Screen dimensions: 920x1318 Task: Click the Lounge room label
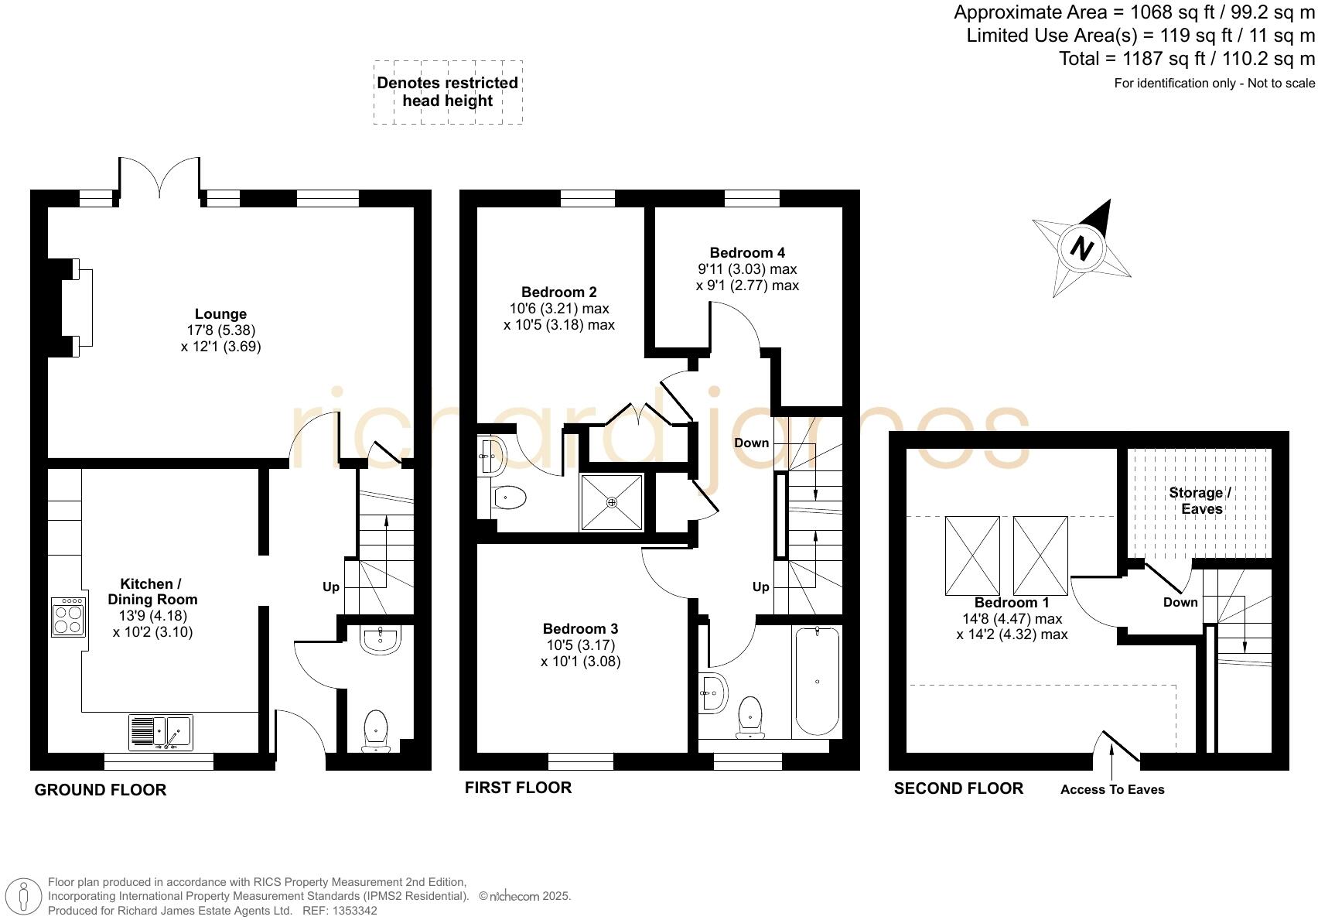(220, 314)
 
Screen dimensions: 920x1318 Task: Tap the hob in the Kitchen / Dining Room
(68, 617)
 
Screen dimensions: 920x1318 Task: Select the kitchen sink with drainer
(160, 731)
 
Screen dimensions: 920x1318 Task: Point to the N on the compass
(1083, 248)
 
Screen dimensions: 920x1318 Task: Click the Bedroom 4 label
(747, 253)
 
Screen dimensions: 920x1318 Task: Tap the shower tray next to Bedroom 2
(612, 503)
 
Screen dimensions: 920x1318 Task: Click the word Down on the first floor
(751, 443)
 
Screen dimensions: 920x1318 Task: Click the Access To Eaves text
(1112, 789)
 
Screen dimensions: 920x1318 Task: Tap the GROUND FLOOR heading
(101, 790)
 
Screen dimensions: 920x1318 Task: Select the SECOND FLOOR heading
(958, 788)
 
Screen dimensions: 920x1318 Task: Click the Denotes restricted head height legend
(448, 92)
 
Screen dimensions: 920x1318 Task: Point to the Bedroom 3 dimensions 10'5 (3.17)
(580, 645)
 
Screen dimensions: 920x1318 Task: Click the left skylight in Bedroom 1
(972, 556)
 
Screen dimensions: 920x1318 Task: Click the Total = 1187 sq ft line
(1187, 59)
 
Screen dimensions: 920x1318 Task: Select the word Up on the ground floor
(331, 587)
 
